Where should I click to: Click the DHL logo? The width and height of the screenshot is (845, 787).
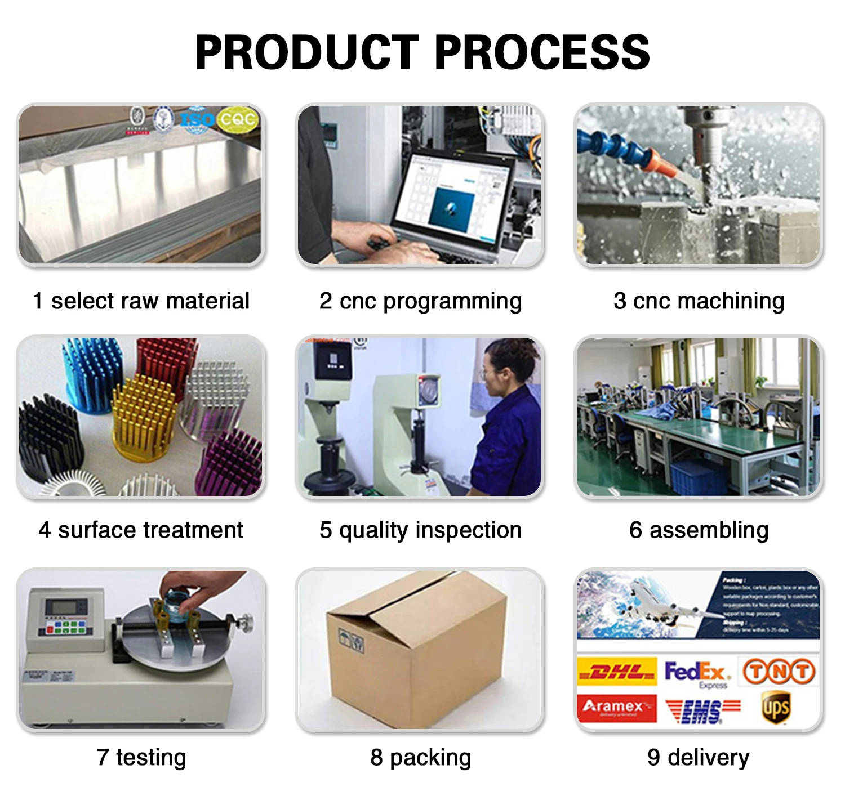coord(617,671)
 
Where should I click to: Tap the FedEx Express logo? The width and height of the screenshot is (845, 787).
coord(697,673)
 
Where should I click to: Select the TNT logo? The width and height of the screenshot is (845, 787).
coord(779,671)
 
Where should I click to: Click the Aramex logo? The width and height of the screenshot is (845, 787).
coord(616,708)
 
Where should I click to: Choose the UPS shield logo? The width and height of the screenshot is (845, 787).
coord(776,708)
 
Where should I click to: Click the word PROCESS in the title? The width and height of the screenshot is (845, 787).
coord(542,52)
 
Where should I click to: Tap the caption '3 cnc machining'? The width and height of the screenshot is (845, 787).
coord(699,301)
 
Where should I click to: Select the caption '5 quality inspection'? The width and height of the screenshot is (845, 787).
coord(420,530)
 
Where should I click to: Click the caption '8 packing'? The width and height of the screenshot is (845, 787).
coord(420,758)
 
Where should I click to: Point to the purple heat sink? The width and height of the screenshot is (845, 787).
coord(231,462)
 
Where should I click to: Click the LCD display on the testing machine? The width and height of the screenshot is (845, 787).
coord(66,607)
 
